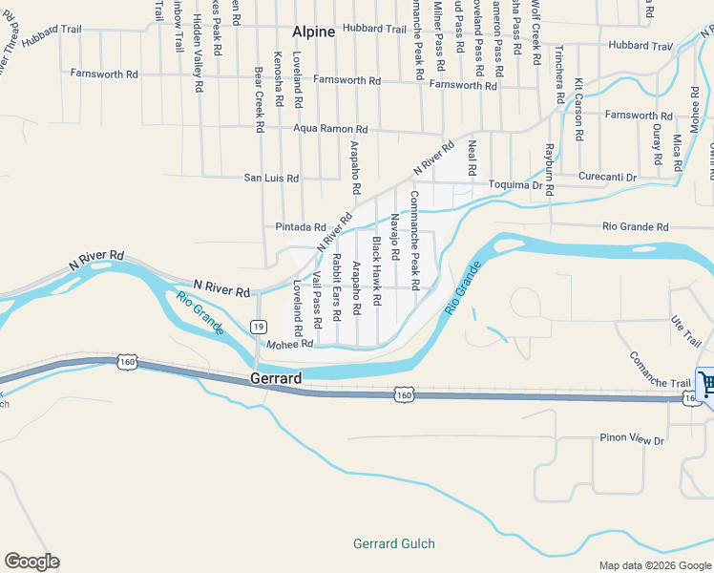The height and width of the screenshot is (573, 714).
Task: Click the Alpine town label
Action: coord(313,32)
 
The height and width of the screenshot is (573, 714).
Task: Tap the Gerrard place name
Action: coord(276,378)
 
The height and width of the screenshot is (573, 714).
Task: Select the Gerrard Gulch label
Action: coord(393,543)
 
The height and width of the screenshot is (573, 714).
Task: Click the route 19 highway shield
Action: coord(259,327)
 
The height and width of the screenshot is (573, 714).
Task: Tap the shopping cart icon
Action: coord(706,385)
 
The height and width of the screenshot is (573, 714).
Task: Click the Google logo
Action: coord(31,562)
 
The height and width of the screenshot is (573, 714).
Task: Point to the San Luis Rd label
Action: coord(271,178)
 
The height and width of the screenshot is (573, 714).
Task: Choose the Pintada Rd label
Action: coord(301,227)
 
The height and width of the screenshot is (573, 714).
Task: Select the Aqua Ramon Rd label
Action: coord(330,129)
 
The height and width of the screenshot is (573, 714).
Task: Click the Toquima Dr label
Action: coord(515,184)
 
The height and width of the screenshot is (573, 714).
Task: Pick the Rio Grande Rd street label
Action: coord(636,227)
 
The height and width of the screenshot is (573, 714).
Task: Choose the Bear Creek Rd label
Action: coord(259,98)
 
